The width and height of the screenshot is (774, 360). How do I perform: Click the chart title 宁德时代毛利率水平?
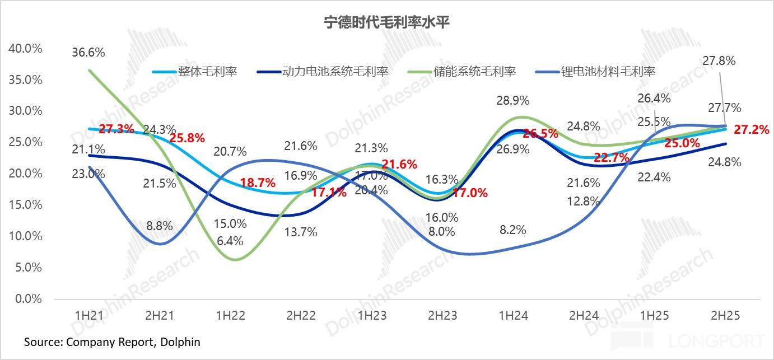[x=386, y=23]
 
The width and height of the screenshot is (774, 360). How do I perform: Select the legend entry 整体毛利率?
[x=207, y=72]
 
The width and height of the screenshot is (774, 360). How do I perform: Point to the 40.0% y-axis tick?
[x=25, y=48]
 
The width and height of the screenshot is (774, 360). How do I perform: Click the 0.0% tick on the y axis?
[x=28, y=299]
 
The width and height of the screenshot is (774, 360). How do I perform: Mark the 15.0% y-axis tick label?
[x=25, y=205]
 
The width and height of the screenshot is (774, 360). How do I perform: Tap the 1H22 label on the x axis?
[x=230, y=315]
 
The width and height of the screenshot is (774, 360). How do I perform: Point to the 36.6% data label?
[x=89, y=53]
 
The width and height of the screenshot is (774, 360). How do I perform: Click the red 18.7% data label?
[x=258, y=183]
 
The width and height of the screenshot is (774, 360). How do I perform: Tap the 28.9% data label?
[x=512, y=101]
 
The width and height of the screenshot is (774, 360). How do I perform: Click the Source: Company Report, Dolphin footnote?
[x=112, y=342]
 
